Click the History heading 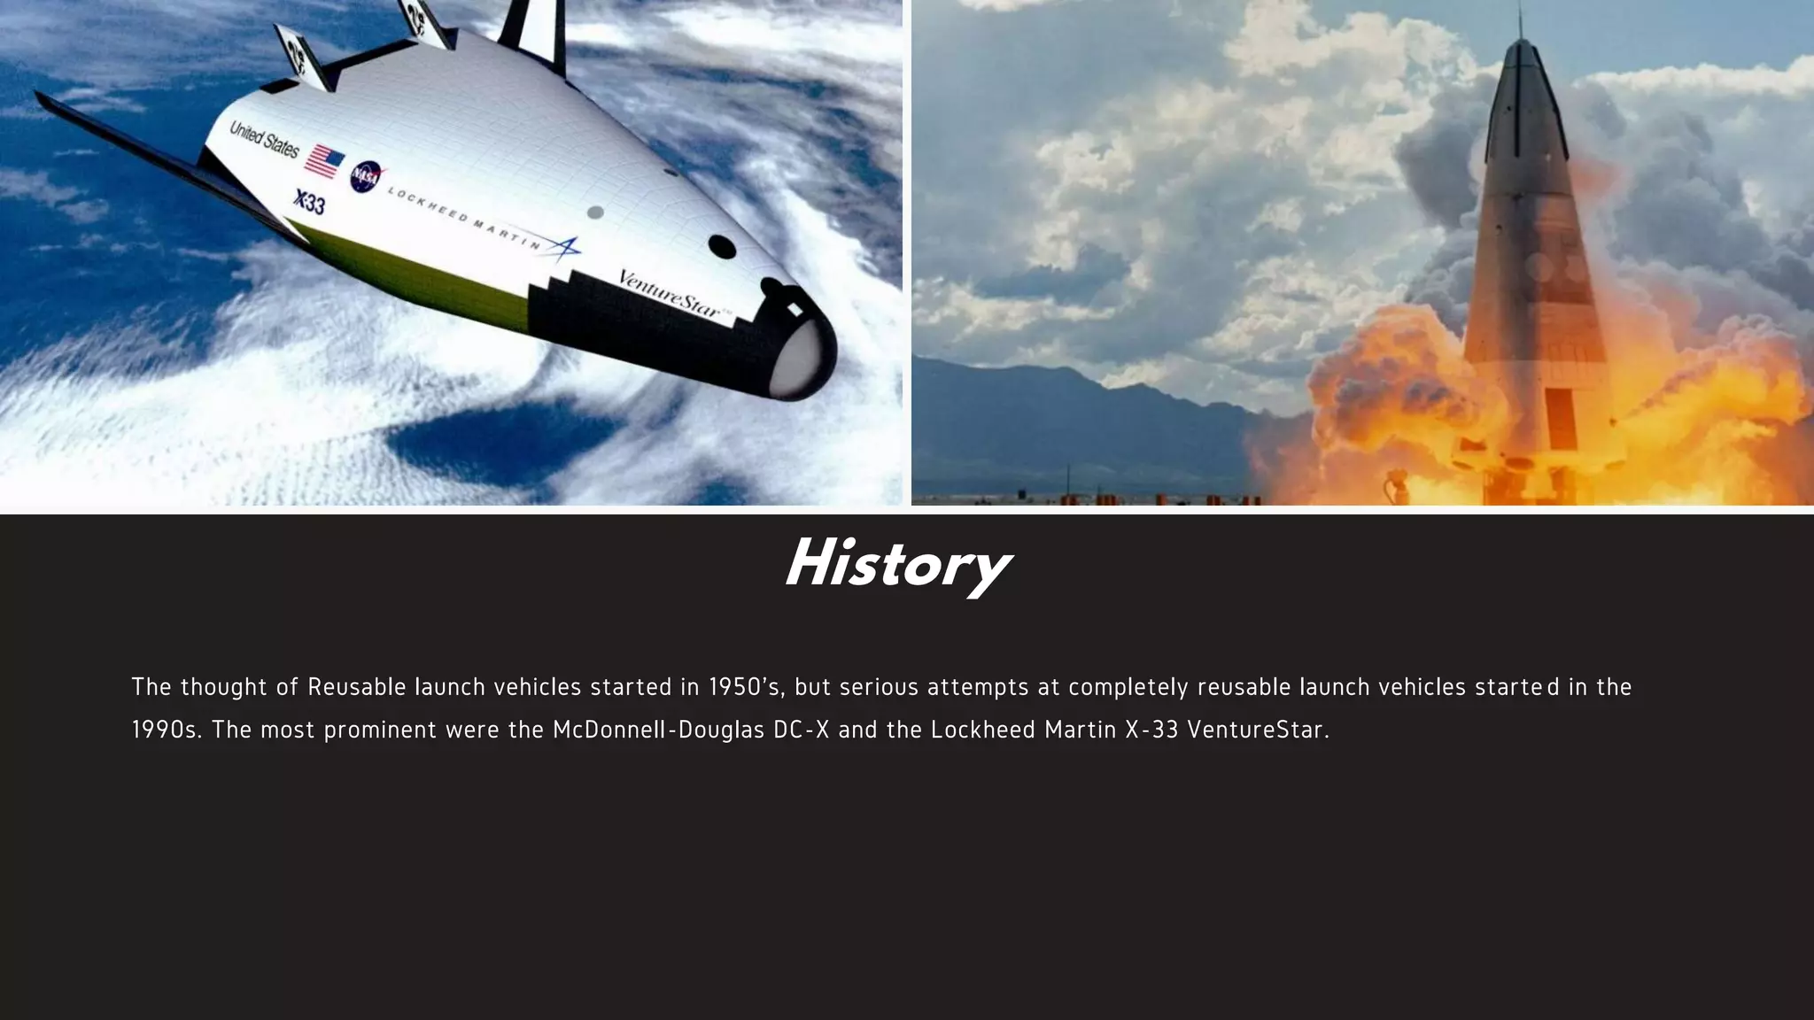point(897,565)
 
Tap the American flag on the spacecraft point(325,161)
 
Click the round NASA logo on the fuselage point(366,177)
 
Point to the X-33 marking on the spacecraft point(309,203)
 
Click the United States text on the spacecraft point(264,139)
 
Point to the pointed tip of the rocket point(1520,18)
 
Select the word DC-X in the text point(801,730)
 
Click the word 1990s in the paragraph point(167,730)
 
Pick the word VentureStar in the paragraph point(1258,730)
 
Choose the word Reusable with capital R point(357,687)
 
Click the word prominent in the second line point(380,730)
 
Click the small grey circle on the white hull point(595,212)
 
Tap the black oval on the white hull point(723,247)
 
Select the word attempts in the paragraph point(978,687)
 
